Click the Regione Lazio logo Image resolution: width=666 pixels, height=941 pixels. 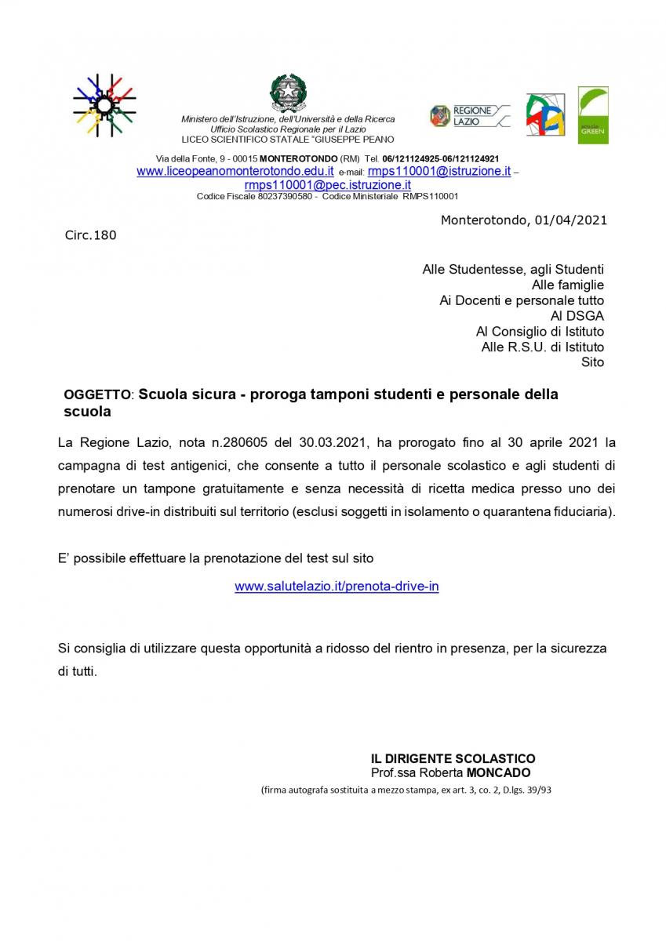[469, 116]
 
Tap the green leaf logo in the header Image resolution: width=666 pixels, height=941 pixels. [593, 115]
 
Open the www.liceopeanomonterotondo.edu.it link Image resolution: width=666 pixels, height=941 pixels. [235, 171]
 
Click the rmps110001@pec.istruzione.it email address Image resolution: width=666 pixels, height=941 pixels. [328, 184]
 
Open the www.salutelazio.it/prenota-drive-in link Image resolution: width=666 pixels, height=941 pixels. [337, 586]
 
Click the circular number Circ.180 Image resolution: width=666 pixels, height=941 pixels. [90, 234]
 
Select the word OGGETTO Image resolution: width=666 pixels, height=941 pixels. [97, 395]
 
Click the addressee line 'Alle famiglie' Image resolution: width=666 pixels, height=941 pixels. [568, 285]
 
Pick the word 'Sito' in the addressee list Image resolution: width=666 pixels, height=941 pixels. [592, 362]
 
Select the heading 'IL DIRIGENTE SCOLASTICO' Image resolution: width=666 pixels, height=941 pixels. [453, 758]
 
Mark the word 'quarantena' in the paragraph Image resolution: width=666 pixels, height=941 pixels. [513, 512]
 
